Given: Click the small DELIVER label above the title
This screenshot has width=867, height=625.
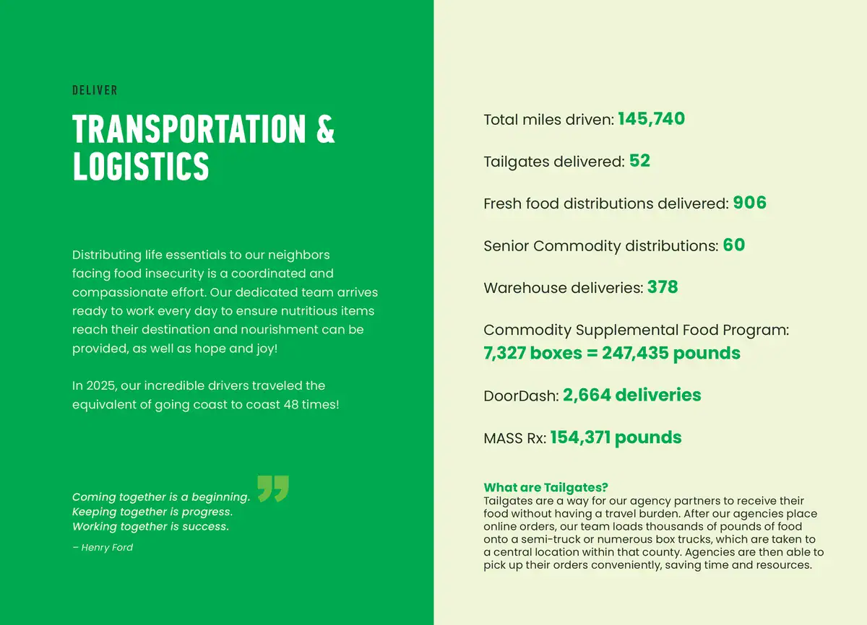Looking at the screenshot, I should coord(95,90).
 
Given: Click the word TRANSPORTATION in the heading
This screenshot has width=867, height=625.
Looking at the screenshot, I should coord(189,129).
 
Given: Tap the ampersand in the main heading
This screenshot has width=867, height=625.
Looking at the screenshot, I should coord(326,129).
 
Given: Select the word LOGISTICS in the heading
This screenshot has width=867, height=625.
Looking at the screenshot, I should coord(141,166).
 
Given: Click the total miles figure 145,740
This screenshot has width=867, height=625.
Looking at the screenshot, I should coord(651,119).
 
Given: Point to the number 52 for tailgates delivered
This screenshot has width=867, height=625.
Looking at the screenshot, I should coord(639,161).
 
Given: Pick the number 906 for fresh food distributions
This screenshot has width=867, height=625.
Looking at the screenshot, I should coord(749,204).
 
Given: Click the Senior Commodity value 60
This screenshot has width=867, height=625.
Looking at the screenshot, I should coord(733,245).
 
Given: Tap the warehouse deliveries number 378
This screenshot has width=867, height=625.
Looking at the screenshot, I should coord(663,287).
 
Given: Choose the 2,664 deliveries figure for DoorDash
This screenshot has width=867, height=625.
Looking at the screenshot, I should coord(631,395).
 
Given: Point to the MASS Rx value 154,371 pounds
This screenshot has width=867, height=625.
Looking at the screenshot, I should coord(616,437).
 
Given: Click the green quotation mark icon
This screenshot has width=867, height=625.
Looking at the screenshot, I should coord(273,488).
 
